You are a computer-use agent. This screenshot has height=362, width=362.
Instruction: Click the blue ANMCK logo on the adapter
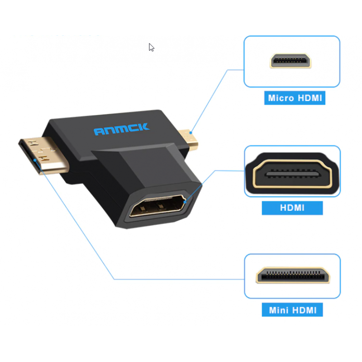tap(122, 129)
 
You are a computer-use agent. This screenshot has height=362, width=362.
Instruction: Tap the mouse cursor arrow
tap(151, 48)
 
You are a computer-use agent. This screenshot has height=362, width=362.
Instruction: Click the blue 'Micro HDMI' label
tap(295, 98)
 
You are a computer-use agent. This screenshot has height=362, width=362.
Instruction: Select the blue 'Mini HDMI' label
tap(292, 310)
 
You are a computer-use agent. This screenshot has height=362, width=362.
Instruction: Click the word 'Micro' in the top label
tap(281, 98)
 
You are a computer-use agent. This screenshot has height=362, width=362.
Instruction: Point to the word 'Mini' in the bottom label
tap(279, 310)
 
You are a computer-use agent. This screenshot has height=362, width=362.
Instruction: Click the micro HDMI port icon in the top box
tap(291, 61)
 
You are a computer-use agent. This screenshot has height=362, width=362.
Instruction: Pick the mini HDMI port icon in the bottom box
tap(293, 275)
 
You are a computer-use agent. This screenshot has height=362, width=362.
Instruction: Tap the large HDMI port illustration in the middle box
tap(292, 173)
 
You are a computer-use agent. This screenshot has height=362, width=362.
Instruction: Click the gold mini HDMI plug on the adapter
tap(44, 155)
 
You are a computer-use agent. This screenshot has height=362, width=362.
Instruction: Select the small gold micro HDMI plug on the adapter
tap(188, 140)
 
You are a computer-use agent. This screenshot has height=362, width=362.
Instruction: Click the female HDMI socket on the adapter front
tap(157, 206)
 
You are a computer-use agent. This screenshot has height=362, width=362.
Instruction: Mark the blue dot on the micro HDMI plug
tap(191, 133)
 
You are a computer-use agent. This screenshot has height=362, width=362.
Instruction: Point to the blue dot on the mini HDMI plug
tap(35, 160)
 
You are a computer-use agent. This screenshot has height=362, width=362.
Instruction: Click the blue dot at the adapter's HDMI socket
tap(185, 202)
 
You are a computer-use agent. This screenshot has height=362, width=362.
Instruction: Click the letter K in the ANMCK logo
tap(143, 127)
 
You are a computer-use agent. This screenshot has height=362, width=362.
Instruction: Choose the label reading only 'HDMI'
tap(292, 208)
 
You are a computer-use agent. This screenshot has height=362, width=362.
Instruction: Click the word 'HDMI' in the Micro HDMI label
tap(310, 98)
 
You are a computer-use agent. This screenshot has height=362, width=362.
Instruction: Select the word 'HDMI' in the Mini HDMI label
tap(304, 310)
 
